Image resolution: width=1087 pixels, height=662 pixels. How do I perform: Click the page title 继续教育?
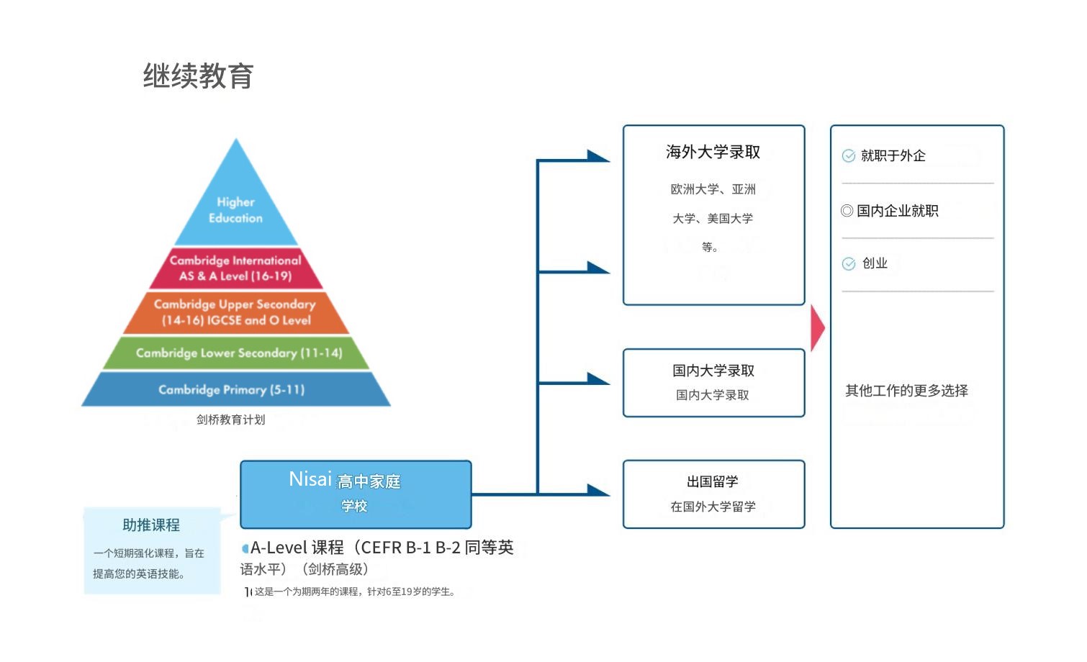pyautogui.click(x=198, y=76)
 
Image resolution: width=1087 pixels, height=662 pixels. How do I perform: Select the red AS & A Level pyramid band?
pyautogui.click(x=235, y=268)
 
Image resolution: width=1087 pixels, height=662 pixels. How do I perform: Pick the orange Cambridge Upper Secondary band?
pyautogui.click(x=235, y=312)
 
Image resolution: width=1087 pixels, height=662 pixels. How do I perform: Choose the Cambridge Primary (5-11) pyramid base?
pyautogui.click(x=232, y=389)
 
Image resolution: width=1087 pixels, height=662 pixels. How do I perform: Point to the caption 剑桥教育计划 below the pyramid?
pyautogui.click(x=230, y=420)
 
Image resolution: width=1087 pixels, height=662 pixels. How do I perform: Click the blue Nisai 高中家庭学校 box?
pyautogui.click(x=355, y=494)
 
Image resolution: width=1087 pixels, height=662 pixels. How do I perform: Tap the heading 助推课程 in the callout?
pyautogui.click(x=151, y=525)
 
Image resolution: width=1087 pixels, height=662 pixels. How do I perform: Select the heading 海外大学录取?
pyautogui.click(x=713, y=152)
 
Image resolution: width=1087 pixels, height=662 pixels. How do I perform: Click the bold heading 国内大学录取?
pyautogui.click(x=713, y=371)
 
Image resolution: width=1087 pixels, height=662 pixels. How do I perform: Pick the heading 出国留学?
pyautogui.click(x=713, y=481)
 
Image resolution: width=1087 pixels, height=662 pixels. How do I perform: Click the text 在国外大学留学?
pyautogui.click(x=713, y=507)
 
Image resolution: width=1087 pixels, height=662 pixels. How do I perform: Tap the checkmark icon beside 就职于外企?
pyautogui.click(x=849, y=156)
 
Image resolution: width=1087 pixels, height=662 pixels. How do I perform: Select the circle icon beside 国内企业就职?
pyautogui.click(x=847, y=211)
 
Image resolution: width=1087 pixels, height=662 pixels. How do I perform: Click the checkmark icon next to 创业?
pyautogui.click(x=849, y=264)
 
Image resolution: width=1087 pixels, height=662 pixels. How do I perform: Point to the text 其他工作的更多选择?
pyautogui.click(x=906, y=391)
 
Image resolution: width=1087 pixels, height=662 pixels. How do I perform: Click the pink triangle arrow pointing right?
pyautogui.click(x=817, y=328)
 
